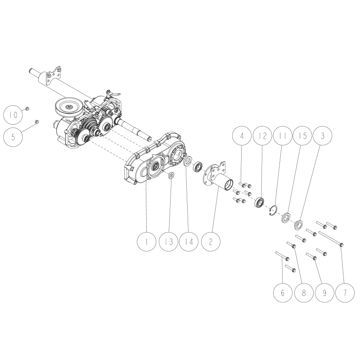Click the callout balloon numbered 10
(x=14, y=115)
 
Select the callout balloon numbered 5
(x=14, y=136)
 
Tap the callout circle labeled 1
(x=147, y=241)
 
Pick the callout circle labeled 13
(x=169, y=241)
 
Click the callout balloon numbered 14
(x=189, y=241)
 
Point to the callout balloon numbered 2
(x=211, y=241)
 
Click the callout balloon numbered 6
(x=283, y=293)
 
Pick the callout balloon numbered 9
(x=324, y=293)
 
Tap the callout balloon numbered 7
(x=345, y=293)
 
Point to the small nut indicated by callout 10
(x=27, y=108)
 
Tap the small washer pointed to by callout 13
(x=171, y=176)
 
